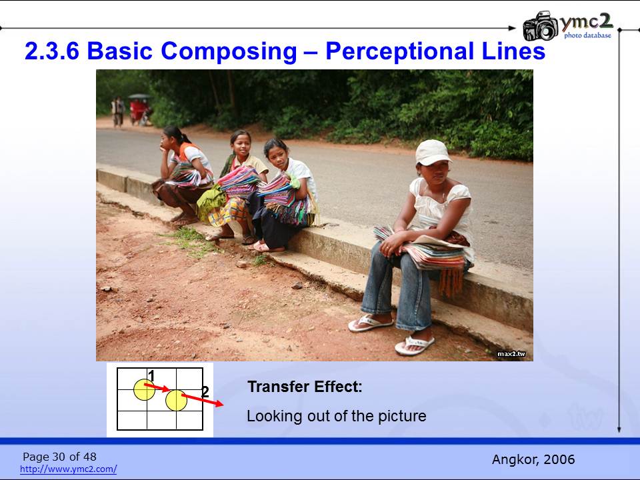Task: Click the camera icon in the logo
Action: tap(541, 26)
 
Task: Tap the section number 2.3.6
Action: tap(52, 51)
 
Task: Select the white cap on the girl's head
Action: tap(433, 153)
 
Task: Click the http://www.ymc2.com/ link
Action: tap(68, 469)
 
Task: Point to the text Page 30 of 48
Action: tap(59, 456)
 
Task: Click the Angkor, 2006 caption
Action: tap(533, 459)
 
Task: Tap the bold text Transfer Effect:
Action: tap(305, 387)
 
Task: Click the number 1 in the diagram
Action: tap(151, 375)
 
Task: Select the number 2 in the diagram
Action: tap(205, 392)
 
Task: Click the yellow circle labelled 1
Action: tap(144, 389)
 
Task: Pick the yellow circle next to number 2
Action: tap(176, 400)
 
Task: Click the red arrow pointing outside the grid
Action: tap(203, 400)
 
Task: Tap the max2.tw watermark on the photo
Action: tap(511, 354)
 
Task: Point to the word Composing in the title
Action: tap(229, 52)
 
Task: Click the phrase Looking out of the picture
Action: tap(336, 416)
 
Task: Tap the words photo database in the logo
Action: tap(588, 35)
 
